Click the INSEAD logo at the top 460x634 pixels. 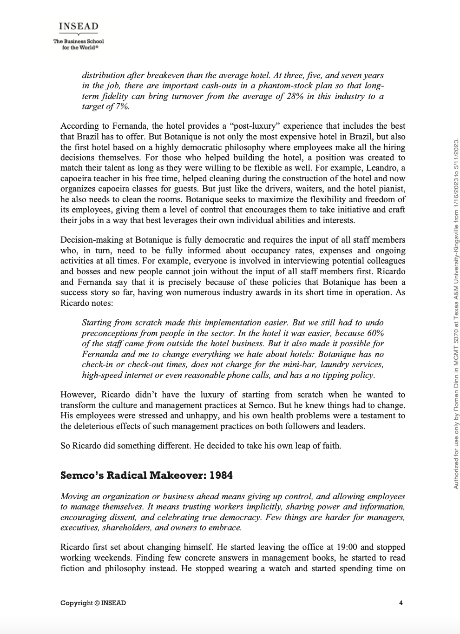tap(79, 26)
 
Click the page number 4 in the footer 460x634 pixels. tap(401, 603)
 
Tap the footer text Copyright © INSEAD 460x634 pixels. tap(93, 603)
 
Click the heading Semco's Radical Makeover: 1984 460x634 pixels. tap(146, 475)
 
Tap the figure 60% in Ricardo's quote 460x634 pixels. tap(375, 333)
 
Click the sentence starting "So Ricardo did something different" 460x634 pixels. tap(201, 445)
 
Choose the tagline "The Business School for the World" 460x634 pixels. tap(79, 44)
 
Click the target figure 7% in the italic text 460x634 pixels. tap(122, 106)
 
